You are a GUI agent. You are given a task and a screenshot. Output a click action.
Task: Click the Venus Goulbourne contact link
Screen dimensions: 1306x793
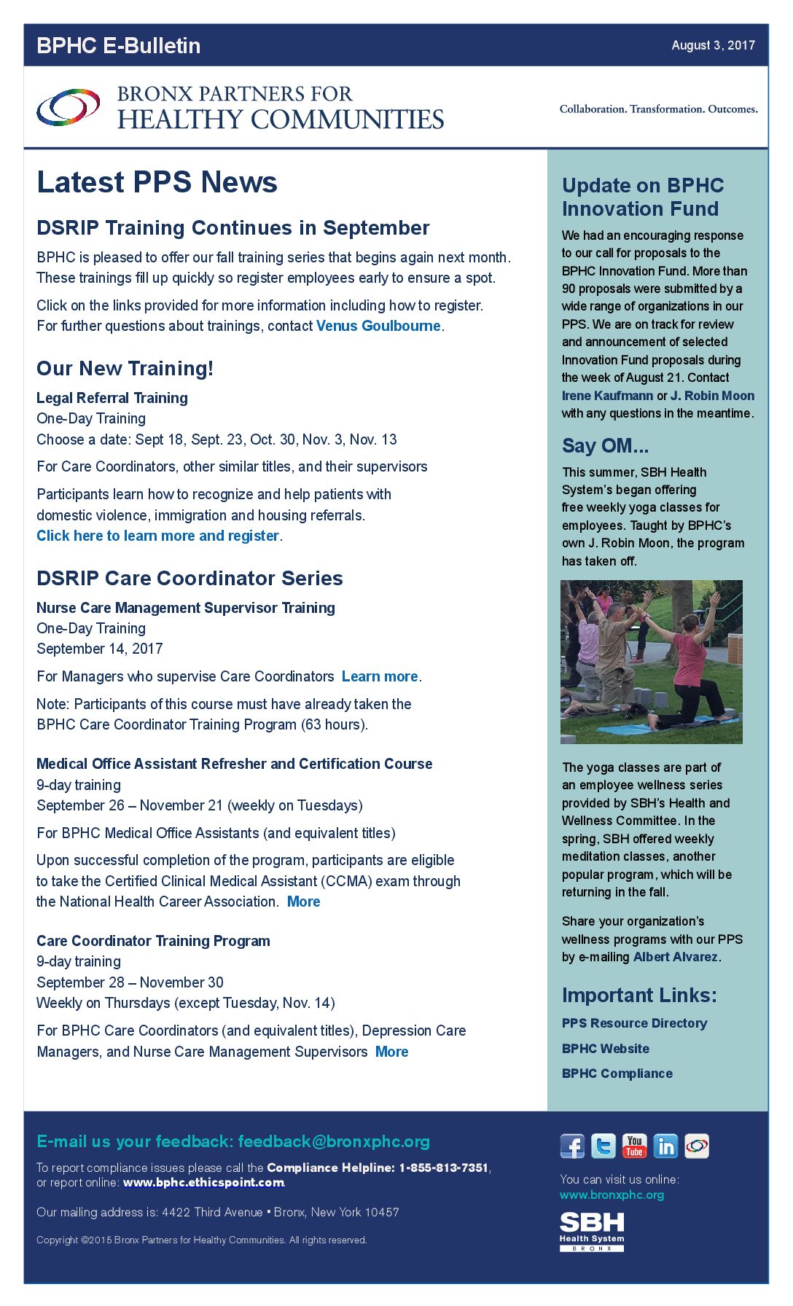[378, 326]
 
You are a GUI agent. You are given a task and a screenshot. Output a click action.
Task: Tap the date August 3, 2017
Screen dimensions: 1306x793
[713, 45]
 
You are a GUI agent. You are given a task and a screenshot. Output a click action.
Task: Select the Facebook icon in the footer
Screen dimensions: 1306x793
[572, 1146]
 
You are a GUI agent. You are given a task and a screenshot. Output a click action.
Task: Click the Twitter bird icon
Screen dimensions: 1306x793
[603, 1146]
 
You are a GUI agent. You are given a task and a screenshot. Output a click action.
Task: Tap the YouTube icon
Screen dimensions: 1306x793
[634, 1146]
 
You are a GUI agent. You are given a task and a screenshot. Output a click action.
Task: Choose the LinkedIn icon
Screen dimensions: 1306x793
[665, 1146]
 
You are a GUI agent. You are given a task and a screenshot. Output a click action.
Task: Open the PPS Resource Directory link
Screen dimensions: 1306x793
[634, 1023]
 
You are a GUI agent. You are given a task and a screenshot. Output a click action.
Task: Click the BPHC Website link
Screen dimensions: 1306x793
[605, 1049]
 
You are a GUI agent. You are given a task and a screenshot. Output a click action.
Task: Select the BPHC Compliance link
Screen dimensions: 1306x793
[617, 1074]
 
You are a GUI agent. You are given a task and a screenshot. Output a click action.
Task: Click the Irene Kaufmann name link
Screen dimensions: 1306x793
[607, 396]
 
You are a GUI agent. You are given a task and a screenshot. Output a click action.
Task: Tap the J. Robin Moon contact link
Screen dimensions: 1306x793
[712, 396]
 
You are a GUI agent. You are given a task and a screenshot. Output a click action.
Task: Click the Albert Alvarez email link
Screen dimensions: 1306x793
[676, 957]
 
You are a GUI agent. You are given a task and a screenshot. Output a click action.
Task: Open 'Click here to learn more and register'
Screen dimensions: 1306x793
[158, 536]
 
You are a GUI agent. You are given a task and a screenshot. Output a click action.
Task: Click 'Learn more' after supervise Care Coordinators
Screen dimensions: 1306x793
[380, 676]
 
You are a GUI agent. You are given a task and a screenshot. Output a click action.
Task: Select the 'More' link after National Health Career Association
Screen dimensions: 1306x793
[303, 902]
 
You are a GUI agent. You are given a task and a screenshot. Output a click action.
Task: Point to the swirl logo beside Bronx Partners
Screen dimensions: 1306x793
[68, 107]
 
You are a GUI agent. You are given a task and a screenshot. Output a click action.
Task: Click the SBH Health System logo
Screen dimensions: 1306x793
[592, 1231]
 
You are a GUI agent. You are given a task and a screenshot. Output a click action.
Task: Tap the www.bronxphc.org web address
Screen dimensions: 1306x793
[612, 1195]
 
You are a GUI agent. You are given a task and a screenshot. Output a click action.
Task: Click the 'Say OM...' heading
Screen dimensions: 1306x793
[605, 445]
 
